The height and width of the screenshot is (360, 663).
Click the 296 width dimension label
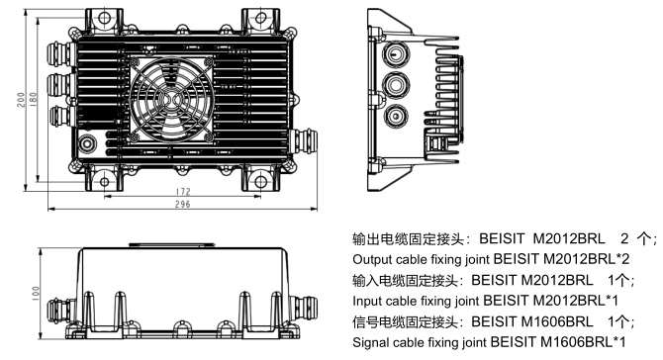pos(183,204)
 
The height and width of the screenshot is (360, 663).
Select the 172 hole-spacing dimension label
pos(183,192)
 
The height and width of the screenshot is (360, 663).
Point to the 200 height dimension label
pos(21,100)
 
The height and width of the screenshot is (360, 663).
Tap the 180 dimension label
pos(34,100)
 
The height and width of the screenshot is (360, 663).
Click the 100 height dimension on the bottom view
pos(36,294)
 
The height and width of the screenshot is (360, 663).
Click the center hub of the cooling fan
pos(171,100)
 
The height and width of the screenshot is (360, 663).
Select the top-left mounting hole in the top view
pos(104,18)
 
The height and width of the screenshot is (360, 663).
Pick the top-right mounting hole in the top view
pos(261,18)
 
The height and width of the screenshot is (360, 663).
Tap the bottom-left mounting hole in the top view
pos(104,182)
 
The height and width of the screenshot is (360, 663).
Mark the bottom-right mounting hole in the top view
pos(261,182)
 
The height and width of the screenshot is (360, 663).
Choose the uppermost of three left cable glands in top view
pos(61,53)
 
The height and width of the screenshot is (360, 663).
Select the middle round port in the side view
pos(396,84)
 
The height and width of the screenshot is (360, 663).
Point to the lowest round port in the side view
pos(396,116)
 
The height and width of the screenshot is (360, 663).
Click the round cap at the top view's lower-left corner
pos(87,143)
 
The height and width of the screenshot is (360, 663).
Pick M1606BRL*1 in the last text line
pos(583,342)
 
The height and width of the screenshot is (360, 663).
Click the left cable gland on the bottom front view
pos(61,311)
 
